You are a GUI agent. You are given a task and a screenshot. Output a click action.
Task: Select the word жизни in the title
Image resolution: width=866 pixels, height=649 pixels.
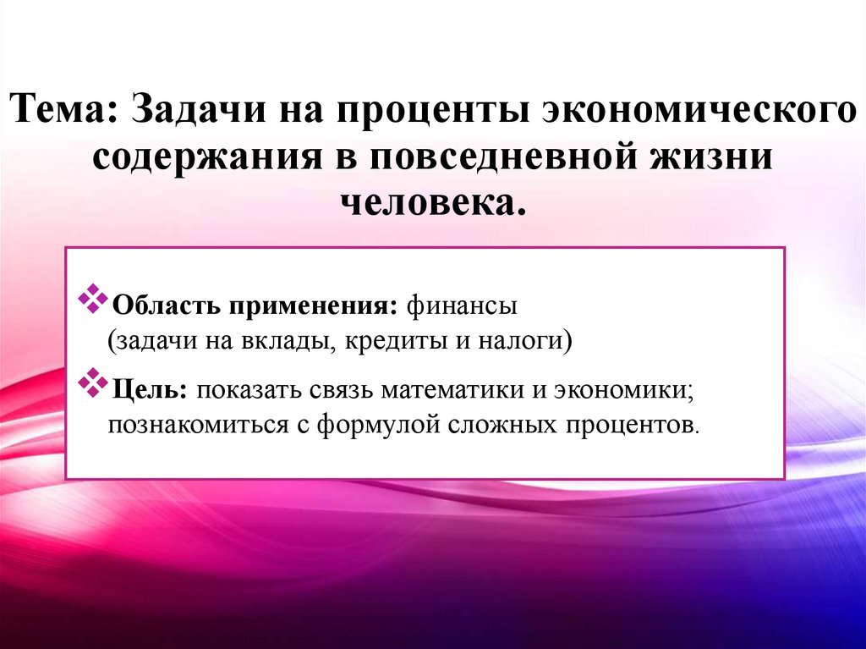coord(720,157)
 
